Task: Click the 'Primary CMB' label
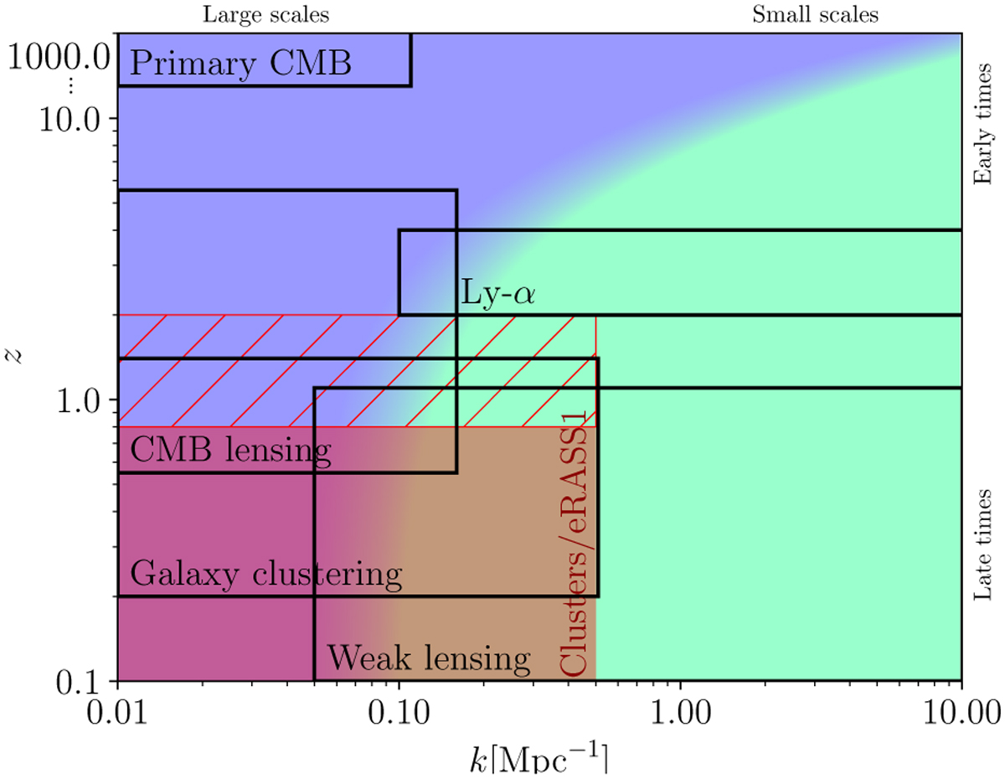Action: click(x=240, y=63)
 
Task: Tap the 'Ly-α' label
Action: click(x=497, y=295)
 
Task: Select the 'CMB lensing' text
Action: click(x=230, y=451)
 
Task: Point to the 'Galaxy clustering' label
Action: click(x=266, y=575)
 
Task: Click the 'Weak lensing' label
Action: click(x=429, y=659)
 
